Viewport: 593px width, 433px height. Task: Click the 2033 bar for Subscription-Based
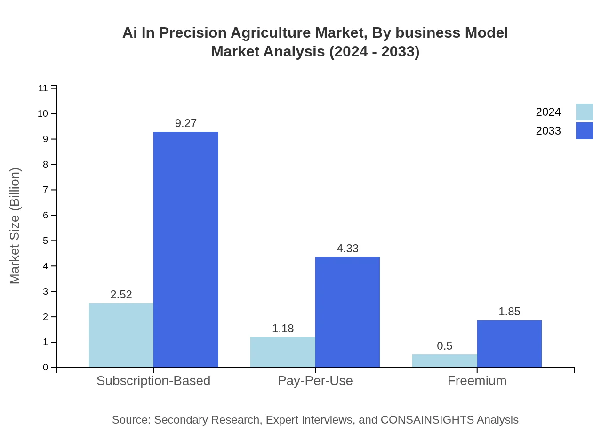(186, 249)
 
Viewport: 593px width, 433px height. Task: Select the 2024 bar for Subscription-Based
(121, 335)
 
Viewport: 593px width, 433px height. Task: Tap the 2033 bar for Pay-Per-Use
(347, 312)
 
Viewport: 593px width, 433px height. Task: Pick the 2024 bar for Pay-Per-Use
(282, 352)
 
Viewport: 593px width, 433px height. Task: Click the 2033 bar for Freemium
(509, 344)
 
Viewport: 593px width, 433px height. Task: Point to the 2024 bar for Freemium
(444, 361)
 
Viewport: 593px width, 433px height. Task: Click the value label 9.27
(186, 123)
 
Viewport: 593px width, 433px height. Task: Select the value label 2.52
(121, 295)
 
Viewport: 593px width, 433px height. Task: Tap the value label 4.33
(347, 249)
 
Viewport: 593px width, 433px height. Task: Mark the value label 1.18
(283, 329)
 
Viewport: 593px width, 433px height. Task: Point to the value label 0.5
(444, 346)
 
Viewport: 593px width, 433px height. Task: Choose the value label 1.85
(509, 312)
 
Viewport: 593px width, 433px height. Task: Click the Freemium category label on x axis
(477, 381)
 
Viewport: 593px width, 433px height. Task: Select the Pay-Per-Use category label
(315, 381)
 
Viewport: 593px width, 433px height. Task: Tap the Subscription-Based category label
(153, 381)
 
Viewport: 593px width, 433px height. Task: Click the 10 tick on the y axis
(43, 113)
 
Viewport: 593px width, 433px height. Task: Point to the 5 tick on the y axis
(46, 241)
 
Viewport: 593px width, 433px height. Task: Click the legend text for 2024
(548, 112)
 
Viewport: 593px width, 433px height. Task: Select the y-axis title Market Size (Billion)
(15, 226)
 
